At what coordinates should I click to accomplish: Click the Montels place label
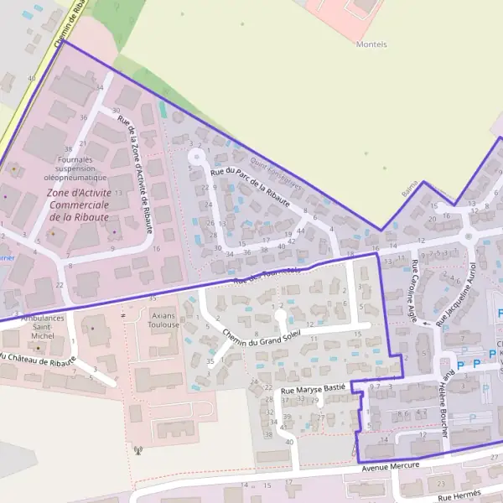point(371,44)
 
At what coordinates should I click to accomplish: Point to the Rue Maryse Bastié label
point(314,391)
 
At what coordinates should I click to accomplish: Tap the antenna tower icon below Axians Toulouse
point(139,451)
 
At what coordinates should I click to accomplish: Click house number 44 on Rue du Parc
point(300,231)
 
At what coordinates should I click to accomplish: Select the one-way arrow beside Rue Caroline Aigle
point(425,323)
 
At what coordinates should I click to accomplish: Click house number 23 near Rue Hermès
point(441,485)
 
